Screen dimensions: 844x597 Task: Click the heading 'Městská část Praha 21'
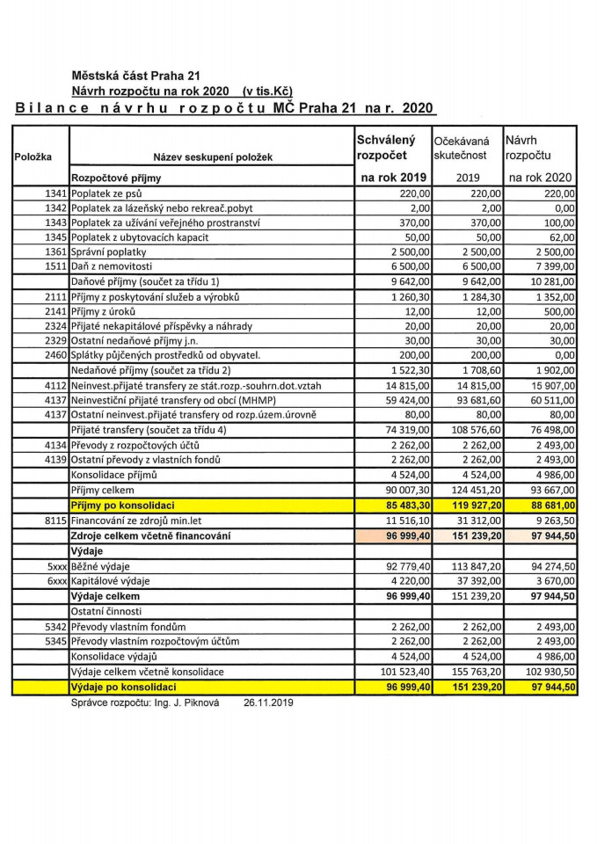136,75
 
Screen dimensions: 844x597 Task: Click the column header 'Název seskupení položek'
213,157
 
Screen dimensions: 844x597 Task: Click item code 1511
55,266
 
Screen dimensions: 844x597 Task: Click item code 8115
55,520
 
